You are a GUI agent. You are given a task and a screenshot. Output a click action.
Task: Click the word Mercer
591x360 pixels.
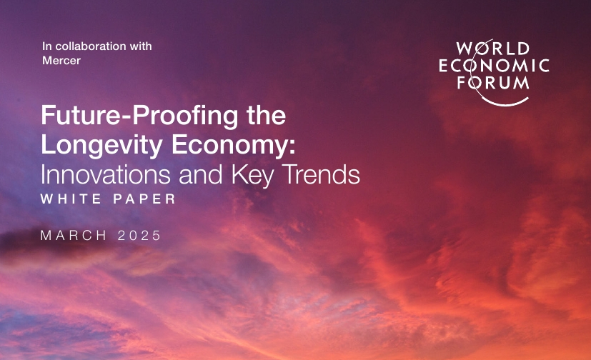pyautogui.click(x=61, y=60)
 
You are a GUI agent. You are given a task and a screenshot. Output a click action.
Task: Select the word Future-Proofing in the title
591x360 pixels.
pyautogui.click(x=139, y=116)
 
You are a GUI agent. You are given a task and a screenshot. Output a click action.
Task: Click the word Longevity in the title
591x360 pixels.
pyautogui.click(x=101, y=145)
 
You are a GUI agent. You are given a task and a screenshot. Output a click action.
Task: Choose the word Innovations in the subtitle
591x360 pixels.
pyautogui.click(x=106, y=174)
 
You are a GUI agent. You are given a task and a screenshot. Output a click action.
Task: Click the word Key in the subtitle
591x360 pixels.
pyautogui.click(x=252, y=175)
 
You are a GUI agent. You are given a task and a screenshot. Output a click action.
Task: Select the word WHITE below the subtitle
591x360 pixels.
pyautogui.click(x=71, y=199)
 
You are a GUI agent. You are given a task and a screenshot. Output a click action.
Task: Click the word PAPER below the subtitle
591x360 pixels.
pyautogui.click(x=145, y=199)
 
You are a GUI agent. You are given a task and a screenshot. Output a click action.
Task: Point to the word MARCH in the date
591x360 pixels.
pyautogui.click(x=74, y=235)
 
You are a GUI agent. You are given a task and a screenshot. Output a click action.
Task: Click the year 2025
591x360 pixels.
pyautogui.click(x=139, y=235)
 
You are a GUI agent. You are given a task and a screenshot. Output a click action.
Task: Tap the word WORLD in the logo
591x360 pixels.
pyautogui.click(x=493, y=49)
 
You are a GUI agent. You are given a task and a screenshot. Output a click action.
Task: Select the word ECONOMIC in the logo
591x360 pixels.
pyautogui.click(x=494, y=66)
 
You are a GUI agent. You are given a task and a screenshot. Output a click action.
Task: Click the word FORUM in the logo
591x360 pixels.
pyautogui.click(x=493, y=82)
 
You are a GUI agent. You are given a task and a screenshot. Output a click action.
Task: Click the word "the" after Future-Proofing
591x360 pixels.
pyautogui.click(x=266, y=115)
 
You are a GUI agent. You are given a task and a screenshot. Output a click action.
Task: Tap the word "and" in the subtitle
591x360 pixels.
pyautogui.click(x=201, y=174)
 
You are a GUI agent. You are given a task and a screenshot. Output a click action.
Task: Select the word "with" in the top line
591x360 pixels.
pyautogui.click(x=141, y=46)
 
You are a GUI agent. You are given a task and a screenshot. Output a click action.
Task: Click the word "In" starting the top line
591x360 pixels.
pyautogui.click(x=47, y=46)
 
